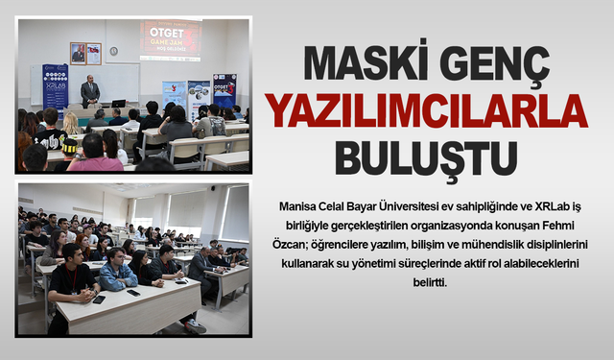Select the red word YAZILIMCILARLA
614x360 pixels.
[428, 110]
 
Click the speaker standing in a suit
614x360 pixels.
[90, 92]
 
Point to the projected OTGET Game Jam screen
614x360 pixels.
[170, 39]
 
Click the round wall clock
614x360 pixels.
[113, 50]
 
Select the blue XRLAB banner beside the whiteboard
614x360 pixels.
[55, 86]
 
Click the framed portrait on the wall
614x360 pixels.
[78, 52]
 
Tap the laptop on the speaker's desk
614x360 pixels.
[118, 103]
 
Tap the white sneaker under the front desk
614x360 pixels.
[196, 325]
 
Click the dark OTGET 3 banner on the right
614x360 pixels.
[224, 92]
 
